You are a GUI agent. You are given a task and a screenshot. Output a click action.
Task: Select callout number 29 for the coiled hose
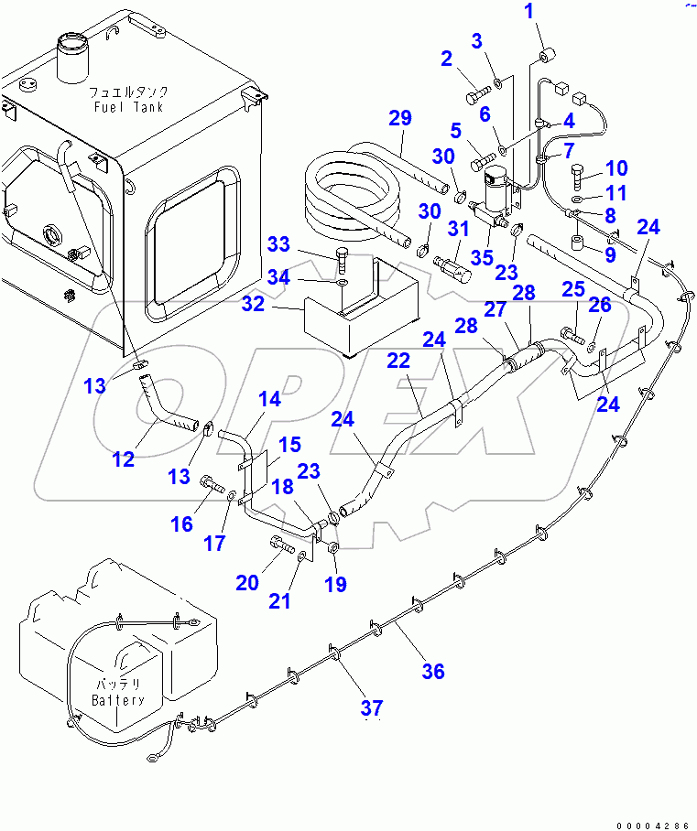tap(400, 118)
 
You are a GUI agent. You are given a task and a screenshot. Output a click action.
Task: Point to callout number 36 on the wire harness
tap(433, 671)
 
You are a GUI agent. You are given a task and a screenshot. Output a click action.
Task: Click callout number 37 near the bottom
tap(372, 707)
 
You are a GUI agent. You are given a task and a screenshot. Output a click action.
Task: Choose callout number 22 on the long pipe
tap(398, 362)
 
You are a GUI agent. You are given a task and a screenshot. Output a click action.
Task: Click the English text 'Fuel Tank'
tap(128, 107)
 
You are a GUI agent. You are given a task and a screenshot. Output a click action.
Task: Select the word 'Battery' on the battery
tap(117, 700)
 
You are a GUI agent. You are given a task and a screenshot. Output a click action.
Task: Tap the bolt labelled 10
tap(576, 173)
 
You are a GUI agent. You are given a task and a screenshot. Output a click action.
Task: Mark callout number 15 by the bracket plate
tap(289, 445)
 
